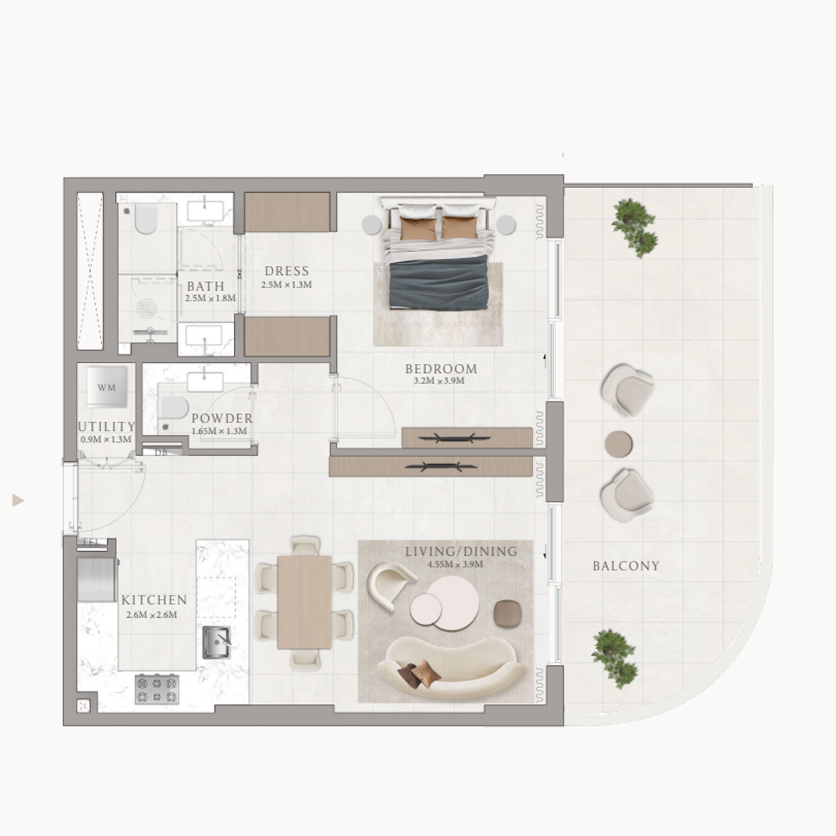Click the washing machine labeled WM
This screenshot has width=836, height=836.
106,387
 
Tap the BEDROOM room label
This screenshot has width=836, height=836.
441,369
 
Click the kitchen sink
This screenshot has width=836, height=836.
216,643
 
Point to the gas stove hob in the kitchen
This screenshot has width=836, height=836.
157,690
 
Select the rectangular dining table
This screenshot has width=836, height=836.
304,602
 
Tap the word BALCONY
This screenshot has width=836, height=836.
626,566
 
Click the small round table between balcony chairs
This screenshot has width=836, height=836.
619,443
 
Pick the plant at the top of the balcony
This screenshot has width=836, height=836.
634,225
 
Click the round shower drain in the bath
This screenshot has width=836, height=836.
148,308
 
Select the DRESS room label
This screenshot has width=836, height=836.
287,271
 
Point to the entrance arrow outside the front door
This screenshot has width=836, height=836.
18,501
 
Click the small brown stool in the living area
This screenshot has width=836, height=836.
506,613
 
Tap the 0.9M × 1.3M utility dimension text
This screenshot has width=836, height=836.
106,440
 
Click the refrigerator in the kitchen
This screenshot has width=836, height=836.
97,579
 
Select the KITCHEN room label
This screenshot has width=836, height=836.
154,600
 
